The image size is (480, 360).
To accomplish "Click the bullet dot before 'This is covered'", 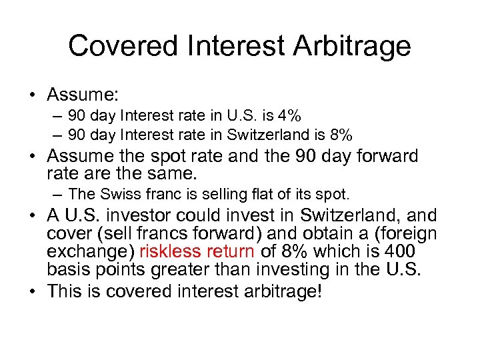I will (32, 291).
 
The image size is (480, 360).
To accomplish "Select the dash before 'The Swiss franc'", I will (59, 194).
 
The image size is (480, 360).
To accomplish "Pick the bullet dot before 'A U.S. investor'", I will (32, 216).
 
